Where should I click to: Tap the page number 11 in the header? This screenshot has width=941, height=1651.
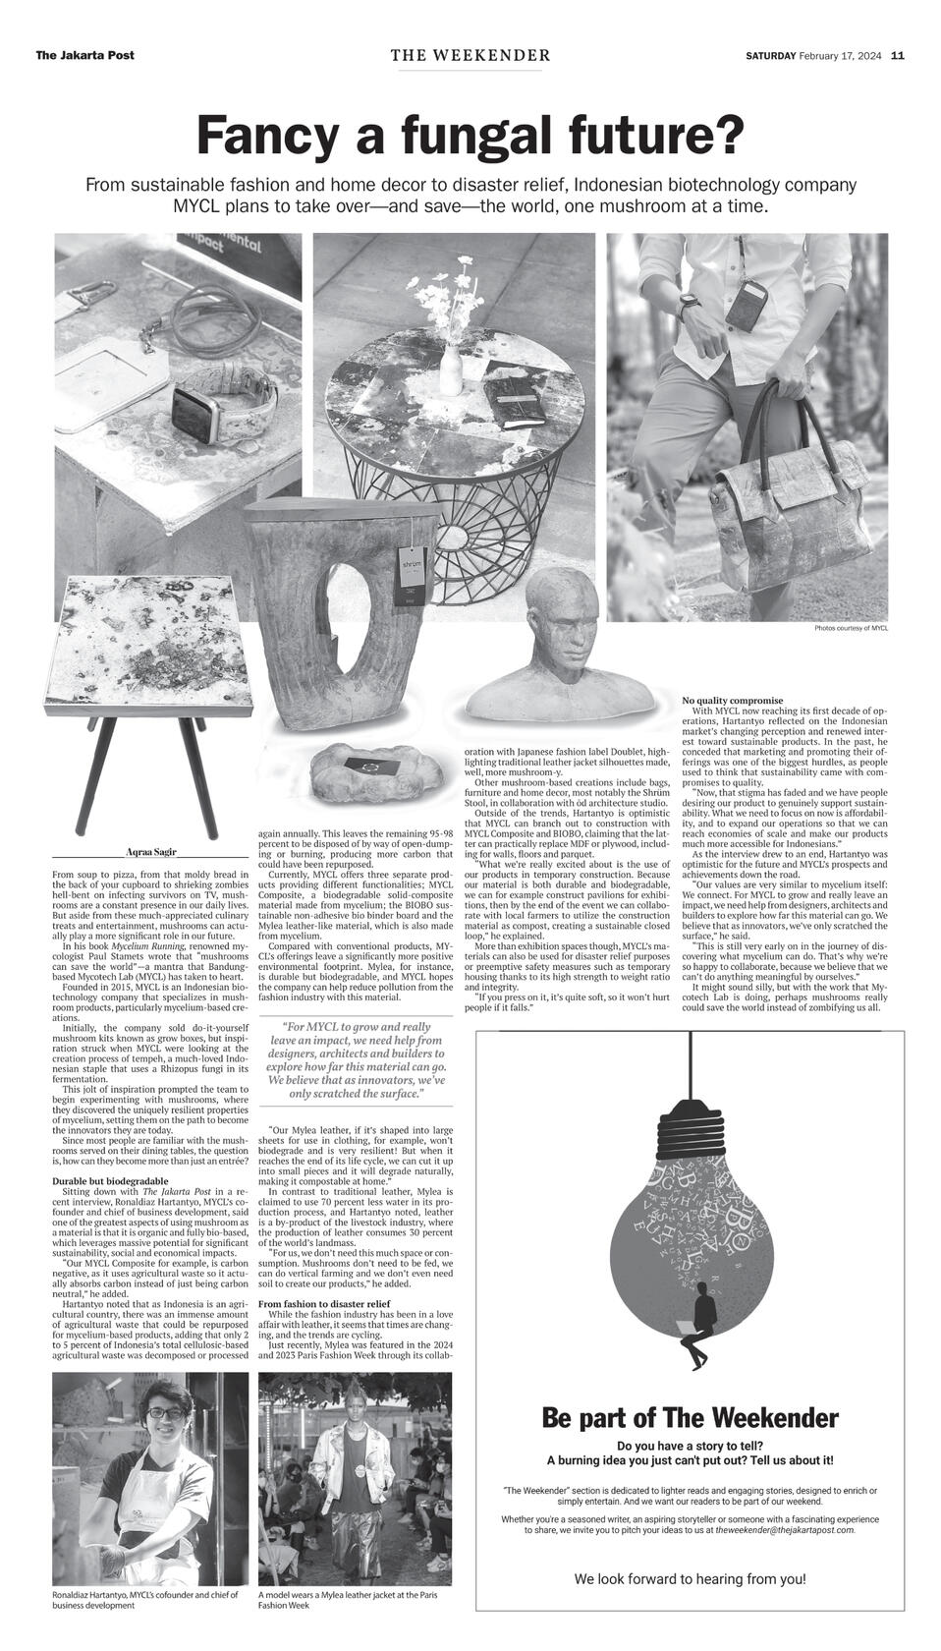[898, 56]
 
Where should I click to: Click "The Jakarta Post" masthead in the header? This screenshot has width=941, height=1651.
[84, 56]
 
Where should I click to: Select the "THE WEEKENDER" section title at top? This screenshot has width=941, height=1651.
[470, 56]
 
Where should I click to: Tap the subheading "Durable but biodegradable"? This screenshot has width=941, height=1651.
[110, 1181]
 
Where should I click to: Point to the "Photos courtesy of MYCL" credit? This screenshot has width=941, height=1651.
[851, 629]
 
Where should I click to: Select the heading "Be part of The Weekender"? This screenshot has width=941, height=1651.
[690, 1418]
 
